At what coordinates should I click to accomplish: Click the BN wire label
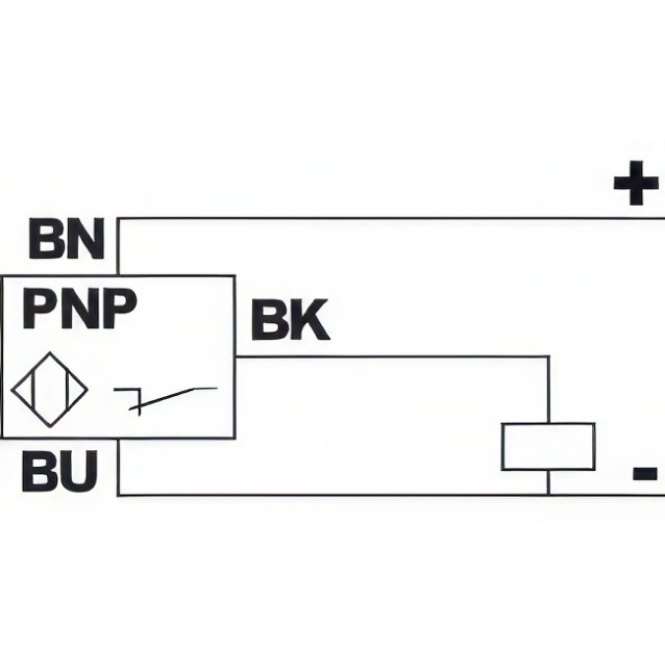pos(66,238)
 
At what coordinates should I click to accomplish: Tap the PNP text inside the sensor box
pos(79,308)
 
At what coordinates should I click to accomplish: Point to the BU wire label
pos(60,473)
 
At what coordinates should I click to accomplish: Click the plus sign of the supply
pos(635,184)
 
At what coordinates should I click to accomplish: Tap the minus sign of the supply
pos(645,475)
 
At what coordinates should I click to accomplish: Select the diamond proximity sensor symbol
pos(49,389)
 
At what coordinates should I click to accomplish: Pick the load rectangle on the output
pos(548,446)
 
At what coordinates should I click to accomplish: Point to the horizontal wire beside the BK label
pos(394,357)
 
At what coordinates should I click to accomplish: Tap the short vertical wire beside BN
pos(118,246)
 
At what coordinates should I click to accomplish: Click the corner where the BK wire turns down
pos(548,357)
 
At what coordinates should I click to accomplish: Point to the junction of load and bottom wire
pos(548,494)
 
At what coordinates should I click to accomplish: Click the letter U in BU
pos(79,473)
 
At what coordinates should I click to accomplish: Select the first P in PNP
pos(40,308)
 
